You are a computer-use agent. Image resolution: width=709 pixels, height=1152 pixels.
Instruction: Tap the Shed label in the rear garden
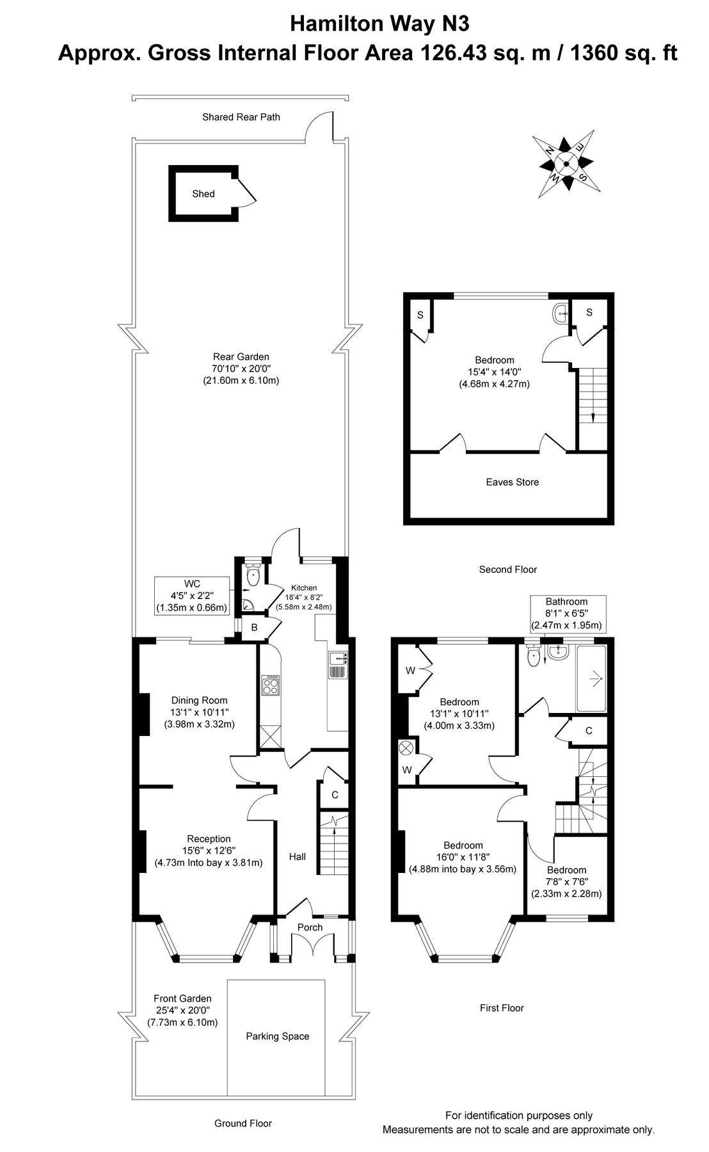pyautogui.click(x=203, y=194)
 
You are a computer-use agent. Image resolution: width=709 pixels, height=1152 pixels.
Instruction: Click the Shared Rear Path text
pyautogui.click(x=241, y=117)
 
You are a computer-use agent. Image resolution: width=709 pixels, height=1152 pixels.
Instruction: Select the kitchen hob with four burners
pyautogui.click(x=269, y=685)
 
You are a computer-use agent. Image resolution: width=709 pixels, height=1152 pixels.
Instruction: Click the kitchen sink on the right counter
pyautogui.click(x=337, y=665)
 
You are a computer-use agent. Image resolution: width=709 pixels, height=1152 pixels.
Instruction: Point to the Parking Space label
pyautogui.click(x=277, y=1036)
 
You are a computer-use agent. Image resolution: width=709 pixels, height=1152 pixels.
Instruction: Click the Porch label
pyautogui.click(x=310, y=927)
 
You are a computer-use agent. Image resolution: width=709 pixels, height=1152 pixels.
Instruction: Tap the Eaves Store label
pyautogui.click(x=512, y=482)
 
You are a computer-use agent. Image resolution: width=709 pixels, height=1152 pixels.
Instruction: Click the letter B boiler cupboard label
pyautogui.click(x=254, y=628)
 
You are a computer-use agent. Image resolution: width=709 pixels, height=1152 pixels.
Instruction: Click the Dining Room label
pyautogui.click(x=199, y=700)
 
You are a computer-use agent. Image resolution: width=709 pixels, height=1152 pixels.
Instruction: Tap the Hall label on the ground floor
pyautogui.click(x=298, y=856)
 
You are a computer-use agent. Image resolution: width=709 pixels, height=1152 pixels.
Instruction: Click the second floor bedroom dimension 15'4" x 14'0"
pyautogui.click(x=494, y=372)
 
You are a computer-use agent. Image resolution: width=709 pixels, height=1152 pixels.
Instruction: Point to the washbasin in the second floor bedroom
pyautogui.click(x=561, y=313)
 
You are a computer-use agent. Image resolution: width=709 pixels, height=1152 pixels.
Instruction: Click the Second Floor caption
pyautogui.click(x=507, y=569)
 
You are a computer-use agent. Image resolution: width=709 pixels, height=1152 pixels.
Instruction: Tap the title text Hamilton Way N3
pyautogui.click(x=379, y=24)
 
